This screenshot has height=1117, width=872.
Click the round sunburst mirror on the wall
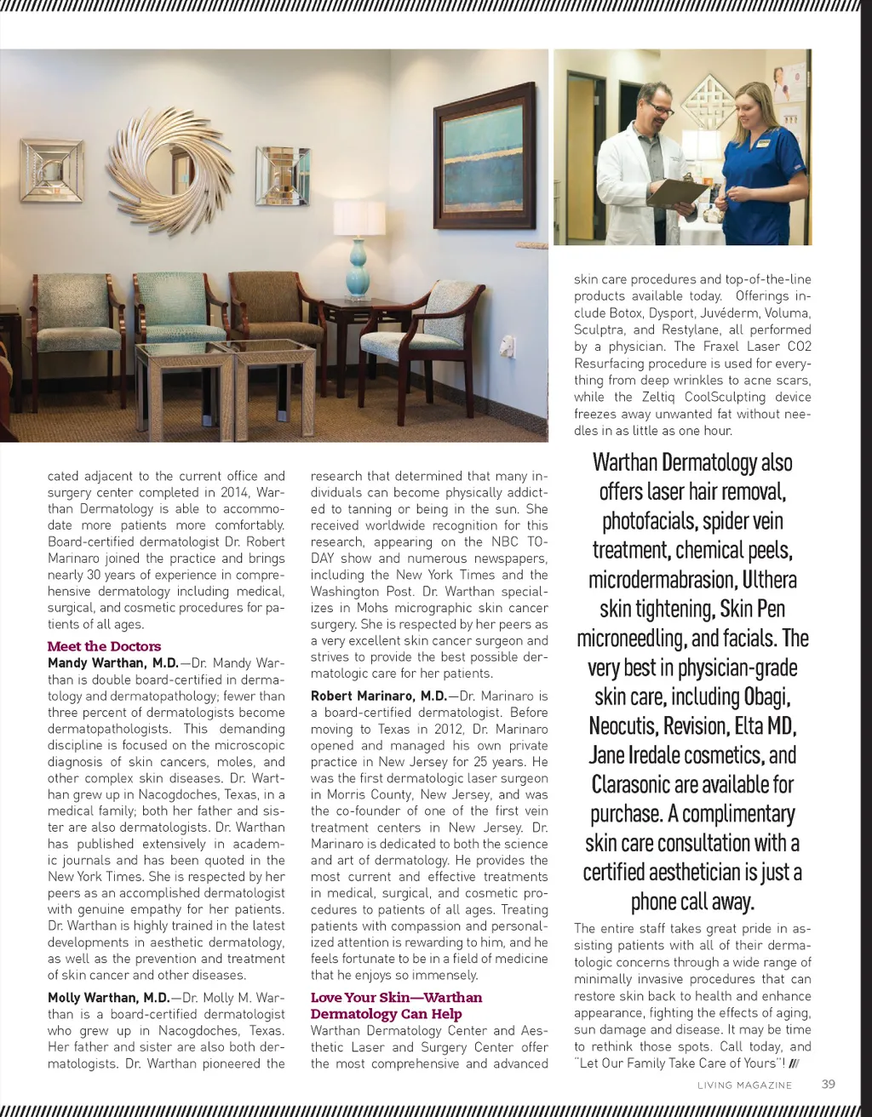coord(170,173)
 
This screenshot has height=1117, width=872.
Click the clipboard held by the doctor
coord(680,193)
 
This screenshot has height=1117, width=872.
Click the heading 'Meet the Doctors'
coord(104,646)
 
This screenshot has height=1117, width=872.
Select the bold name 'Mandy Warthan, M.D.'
coord(112,662)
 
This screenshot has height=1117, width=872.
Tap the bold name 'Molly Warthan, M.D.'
coord(108,997)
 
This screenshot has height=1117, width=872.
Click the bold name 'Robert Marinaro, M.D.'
coord(378,696)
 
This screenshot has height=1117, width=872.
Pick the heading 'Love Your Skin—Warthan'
coord(396,997)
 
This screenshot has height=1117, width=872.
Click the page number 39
coord(828,1084)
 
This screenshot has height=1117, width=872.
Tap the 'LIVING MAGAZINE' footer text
coord(744,1085)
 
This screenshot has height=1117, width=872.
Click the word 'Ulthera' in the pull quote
coord(769,580)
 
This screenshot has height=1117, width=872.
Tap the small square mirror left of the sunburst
coord(53,170)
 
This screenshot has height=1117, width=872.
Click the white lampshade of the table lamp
coord(359,219)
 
